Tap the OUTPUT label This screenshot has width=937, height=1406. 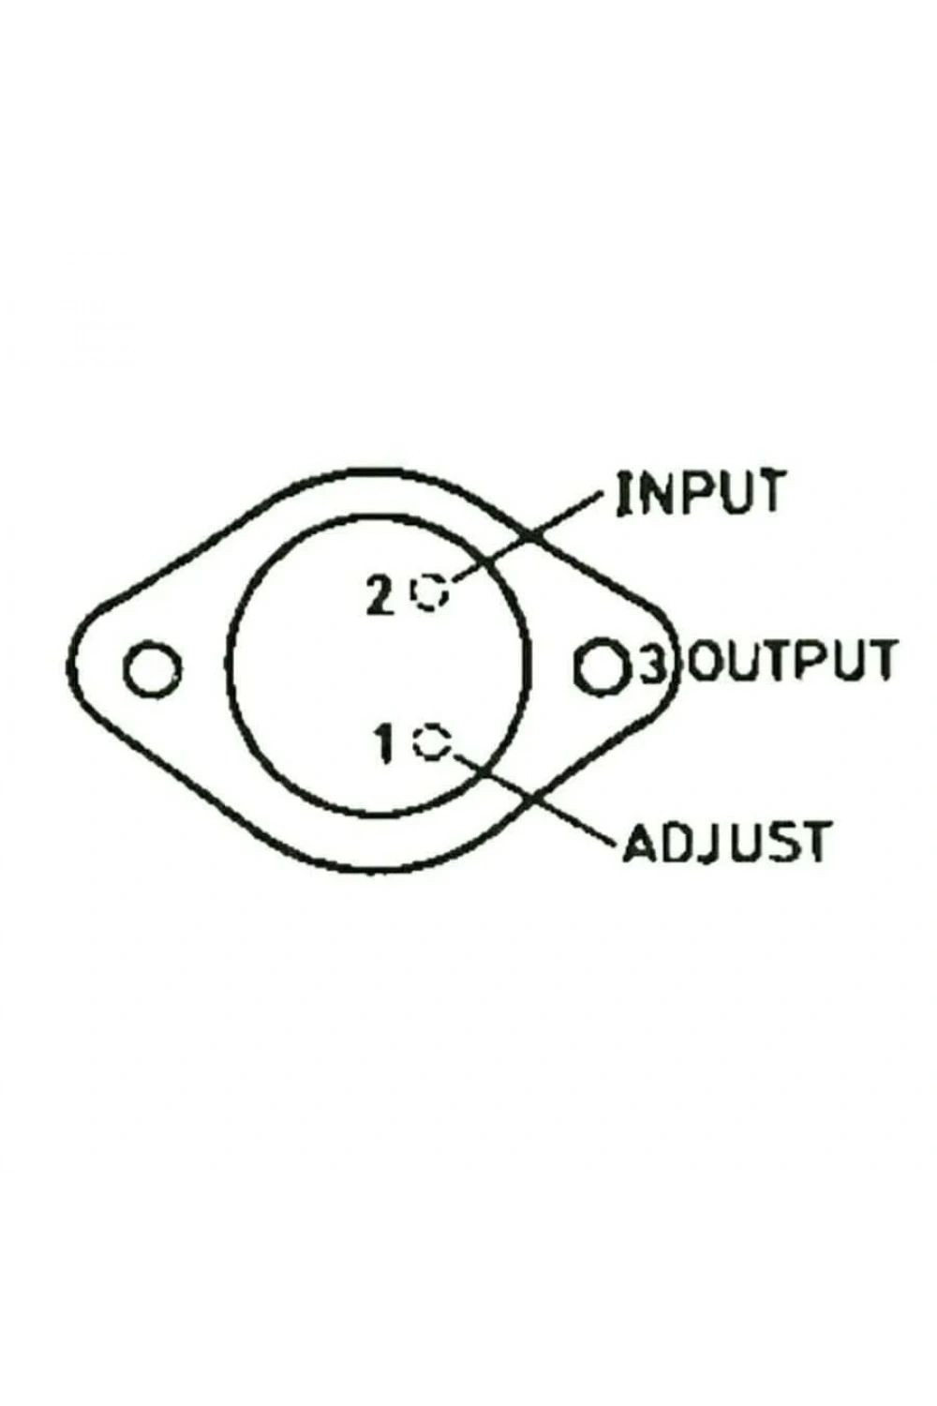pyautogui.click(x=793, y=660)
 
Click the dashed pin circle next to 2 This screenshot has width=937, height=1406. pyautogui.click(x=430, y=591)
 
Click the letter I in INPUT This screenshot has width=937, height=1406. pyautogui.click(x=624, y=492)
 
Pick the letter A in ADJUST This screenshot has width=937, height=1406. pyautogui.click(x=638, y=842)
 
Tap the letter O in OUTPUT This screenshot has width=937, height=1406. pyautogui.click(x=708, y=660)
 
